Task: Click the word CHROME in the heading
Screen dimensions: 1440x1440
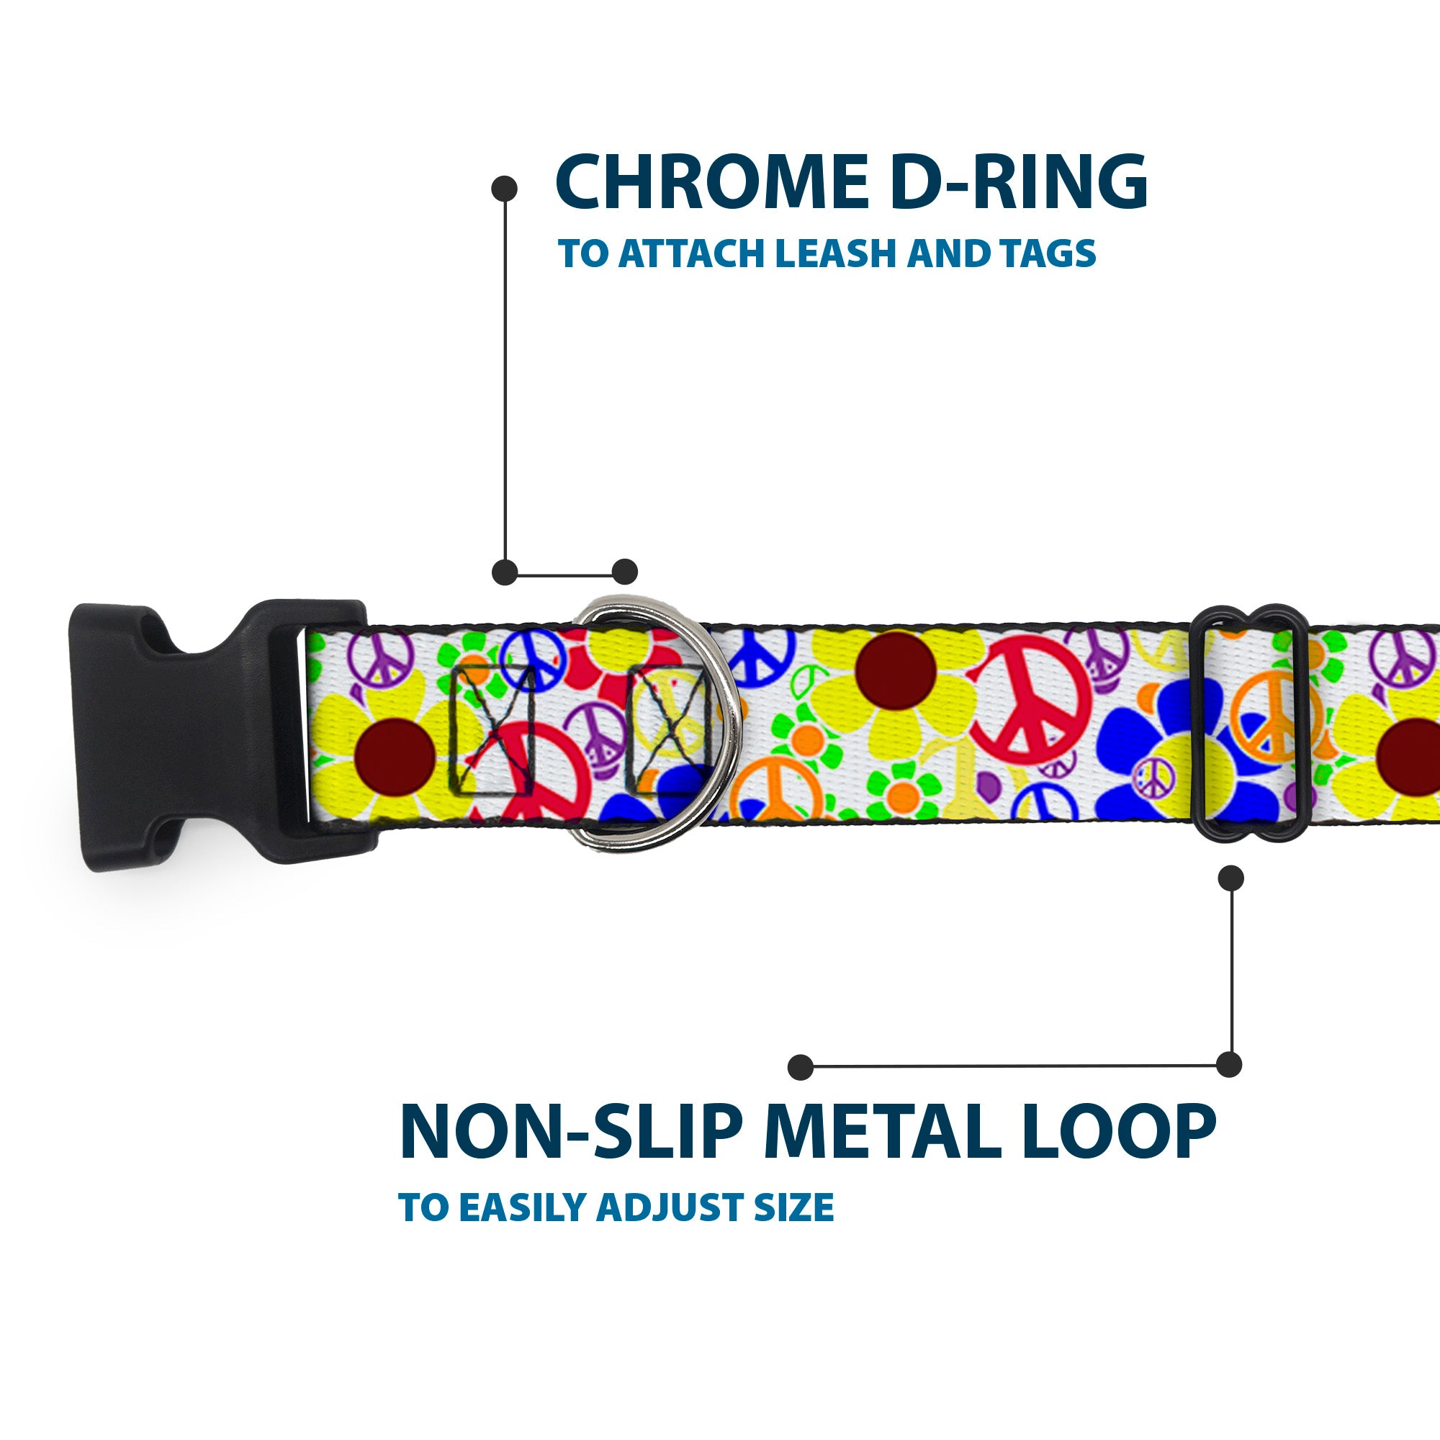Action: click(x=708, y=183)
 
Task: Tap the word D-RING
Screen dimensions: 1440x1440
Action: click(x=1018, y=183)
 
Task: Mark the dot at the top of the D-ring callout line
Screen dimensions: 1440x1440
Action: click(x=505, y=189)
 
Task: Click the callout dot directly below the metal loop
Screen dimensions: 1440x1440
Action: click(x=1230, y=878)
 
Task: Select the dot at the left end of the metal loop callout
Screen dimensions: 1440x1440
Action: click(x=801, y=1066)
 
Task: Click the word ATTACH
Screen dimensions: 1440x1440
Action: click(x=693, y=254)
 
